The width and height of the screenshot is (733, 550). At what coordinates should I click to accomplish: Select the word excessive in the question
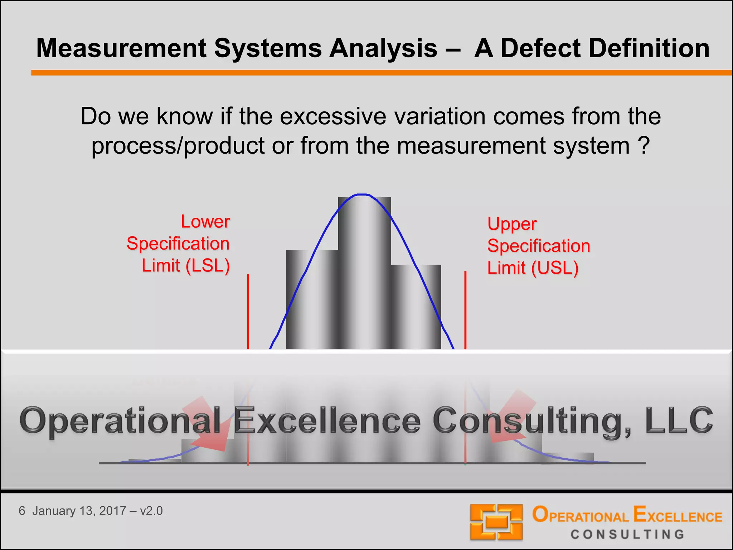click(x=333, y=116)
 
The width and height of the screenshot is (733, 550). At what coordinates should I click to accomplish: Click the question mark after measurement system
click(x=644, y=146)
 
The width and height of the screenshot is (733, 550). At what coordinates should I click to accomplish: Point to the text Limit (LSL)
click(x=185, y=266)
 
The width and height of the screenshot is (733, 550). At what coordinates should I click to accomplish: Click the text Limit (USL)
click(x=533, y=268)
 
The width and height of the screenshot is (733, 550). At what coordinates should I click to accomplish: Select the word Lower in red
click(x=205, y=222)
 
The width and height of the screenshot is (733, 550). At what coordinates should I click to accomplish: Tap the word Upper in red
click(x=512, y=225)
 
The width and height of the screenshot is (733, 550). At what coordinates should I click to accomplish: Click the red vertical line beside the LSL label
click(x=248, y=312)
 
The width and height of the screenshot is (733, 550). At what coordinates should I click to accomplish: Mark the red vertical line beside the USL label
click(x=465, y=310)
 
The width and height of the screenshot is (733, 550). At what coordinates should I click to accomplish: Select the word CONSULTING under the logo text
click(x=627, y=535)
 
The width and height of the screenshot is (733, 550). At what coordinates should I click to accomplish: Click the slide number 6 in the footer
click(x=22, y=511)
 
